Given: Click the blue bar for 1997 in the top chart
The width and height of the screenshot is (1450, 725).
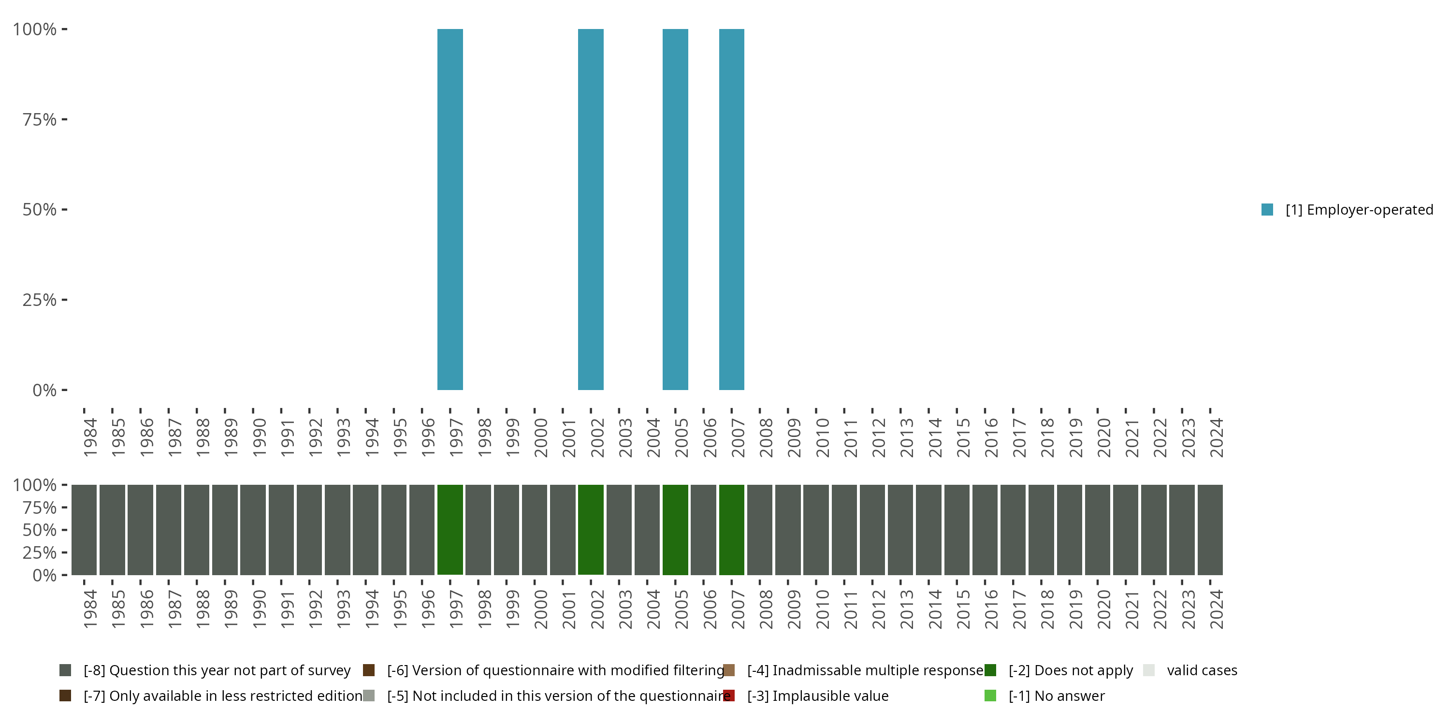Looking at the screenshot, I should click(x=450, y=209).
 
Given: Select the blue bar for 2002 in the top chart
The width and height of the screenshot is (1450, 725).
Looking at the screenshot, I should click(x=591, y=209).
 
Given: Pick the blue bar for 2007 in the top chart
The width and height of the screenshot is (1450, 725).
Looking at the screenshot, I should click(x=731, y=209).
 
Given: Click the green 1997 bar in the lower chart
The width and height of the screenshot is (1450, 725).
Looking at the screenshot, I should click(x=450, y=529).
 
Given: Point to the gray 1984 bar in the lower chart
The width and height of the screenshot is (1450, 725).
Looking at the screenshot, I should click(x=84, y=529).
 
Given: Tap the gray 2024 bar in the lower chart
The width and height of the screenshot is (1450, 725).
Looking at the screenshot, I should click(x=1210, y=529).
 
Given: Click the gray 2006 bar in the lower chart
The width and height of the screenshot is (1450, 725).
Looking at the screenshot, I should click(x=703, y=529).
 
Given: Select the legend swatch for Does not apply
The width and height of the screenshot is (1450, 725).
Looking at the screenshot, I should click(x=990, y=670).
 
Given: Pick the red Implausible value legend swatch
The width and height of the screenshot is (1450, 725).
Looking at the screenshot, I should click(x=729, y=696).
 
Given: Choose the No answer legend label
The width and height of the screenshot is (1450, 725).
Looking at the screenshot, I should click(x=1057, y=696).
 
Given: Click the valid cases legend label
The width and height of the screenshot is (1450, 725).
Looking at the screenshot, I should click(x=1202, y=670).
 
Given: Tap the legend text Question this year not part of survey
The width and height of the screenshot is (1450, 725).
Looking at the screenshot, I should click(x=217, y=670).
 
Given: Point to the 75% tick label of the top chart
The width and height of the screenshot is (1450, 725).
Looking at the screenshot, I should click(x=40, y=119).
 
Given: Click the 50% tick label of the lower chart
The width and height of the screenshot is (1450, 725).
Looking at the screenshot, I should click(x=40, y=530).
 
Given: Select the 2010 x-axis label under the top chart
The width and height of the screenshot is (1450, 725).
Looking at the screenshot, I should click(x=822, y=437).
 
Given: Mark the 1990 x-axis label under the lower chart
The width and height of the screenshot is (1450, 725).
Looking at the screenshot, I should click(x=259, y=609).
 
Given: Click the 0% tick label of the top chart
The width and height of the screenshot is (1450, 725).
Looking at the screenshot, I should click(x=44, y=390).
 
